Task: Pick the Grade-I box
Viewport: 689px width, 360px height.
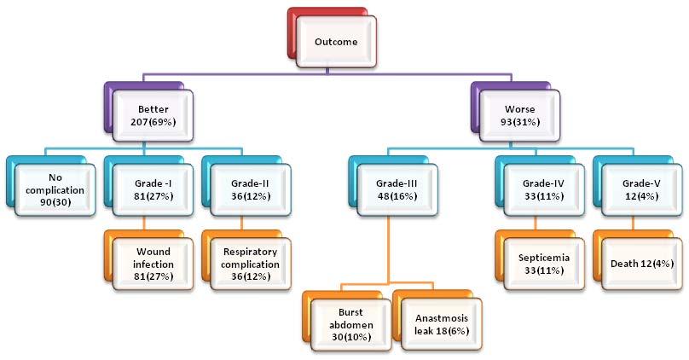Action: click(x=151, y=189)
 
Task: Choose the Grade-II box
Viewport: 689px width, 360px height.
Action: click(x=250, y=189)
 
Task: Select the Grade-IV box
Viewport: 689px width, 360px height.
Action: click(x=540, y=189)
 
